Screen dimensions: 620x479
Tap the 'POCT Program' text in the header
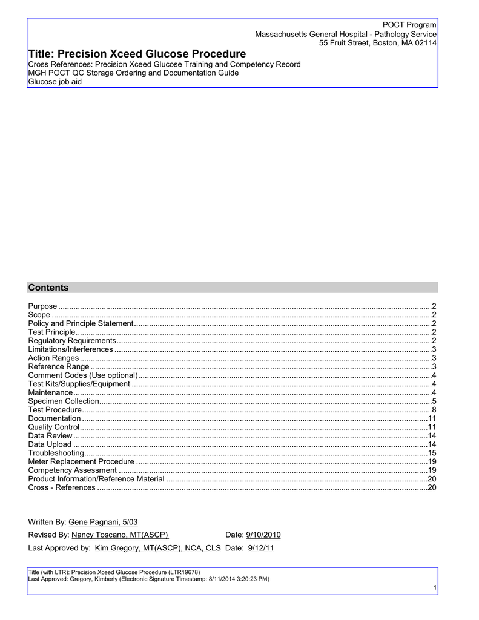409,24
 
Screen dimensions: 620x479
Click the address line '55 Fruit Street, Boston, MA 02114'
378,44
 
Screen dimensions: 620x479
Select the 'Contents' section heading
48,288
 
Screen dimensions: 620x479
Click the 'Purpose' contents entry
43,306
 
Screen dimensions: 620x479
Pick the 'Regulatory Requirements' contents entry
72,341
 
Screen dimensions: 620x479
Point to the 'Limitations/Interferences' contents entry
70,349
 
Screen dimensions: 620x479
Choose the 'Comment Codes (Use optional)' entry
83,375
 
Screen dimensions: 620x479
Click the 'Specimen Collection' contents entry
64,401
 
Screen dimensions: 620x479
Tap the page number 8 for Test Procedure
434,410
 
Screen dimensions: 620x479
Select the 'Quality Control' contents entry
54,427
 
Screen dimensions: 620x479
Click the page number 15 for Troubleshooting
432,453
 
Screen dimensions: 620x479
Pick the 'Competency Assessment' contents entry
72,470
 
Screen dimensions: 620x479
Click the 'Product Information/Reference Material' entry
96,479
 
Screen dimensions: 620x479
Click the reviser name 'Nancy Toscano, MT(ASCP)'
120,535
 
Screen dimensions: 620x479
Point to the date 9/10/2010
263,535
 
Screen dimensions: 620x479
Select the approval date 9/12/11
261,548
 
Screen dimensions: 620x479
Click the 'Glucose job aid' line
55,82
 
